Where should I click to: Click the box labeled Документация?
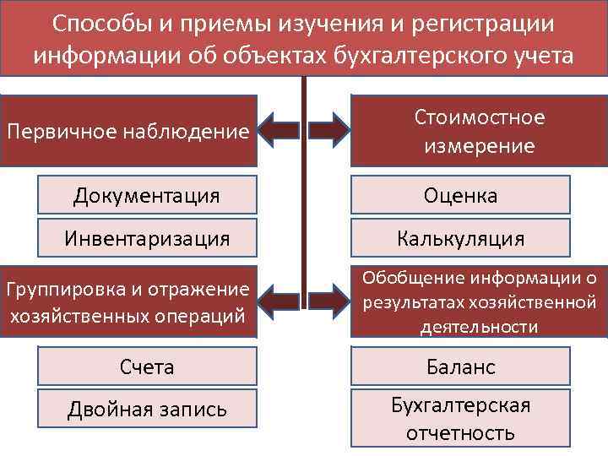[147, 196]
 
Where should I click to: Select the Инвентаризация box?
[147, 238]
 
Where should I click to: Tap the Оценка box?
[460, 196]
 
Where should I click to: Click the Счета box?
[147, 366]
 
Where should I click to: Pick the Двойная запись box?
[147, 410]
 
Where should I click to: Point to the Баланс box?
[460, 366]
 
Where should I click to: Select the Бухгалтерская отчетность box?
[460, 420]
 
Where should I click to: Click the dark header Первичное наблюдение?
[128, 131]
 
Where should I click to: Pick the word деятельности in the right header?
[479, 327]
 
